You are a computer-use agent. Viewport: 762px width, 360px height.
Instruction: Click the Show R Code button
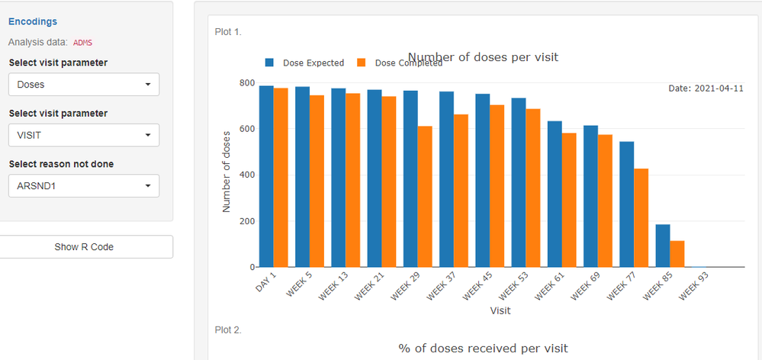[84, 247]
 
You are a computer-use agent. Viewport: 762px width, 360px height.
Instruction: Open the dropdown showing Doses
[84, 85]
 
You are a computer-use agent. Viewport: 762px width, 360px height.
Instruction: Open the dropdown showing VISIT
[84, 135]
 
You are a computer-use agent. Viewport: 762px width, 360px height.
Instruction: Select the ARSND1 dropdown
[84, 186]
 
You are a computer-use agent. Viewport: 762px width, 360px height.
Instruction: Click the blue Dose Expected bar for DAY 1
[266, 176]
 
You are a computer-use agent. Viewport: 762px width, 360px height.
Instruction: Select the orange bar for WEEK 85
[677, 254]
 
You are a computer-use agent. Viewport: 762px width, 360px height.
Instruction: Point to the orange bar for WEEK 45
[497, 186]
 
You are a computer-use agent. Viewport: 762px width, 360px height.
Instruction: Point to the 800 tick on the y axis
[246, 82]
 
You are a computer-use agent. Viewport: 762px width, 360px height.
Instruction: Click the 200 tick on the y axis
[246, 221]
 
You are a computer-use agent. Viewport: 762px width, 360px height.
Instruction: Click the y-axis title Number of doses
[227, 177]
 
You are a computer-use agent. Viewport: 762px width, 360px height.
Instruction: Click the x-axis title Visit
[500, 311]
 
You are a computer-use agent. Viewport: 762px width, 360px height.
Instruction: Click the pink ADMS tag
[82, 43]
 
